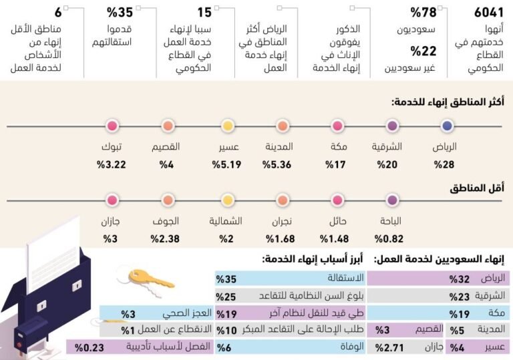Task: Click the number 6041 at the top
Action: coord(489,13)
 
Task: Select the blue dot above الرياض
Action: coord(448,126)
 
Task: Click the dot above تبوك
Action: coord(112,126)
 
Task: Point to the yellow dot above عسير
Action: coord(227,126)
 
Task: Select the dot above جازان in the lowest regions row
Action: coord(112,199)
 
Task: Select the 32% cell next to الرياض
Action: coord(460,279)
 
